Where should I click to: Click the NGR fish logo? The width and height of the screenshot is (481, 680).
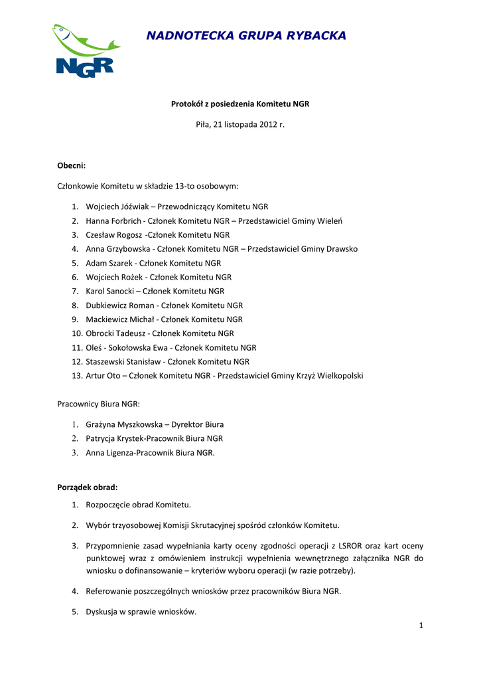click(x=84, y=51)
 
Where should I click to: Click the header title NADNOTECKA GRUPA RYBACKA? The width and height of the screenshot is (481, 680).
click(x=246, y=36)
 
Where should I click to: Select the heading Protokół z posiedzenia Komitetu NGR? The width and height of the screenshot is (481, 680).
click(x=240, y=104)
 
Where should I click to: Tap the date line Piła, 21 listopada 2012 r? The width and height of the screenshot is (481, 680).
click(x=240, y=124)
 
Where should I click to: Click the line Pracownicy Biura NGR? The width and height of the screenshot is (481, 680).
click(x=98, y=403)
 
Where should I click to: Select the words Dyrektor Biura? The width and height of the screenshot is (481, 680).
click(x=198, y=424)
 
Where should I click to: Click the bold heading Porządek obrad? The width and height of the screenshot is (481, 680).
click(x=88, y=487)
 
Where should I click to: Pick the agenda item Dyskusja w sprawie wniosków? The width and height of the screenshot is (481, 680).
click(x=141, y=612)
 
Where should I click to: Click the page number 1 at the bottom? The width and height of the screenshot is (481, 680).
click(x=421, y=626)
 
